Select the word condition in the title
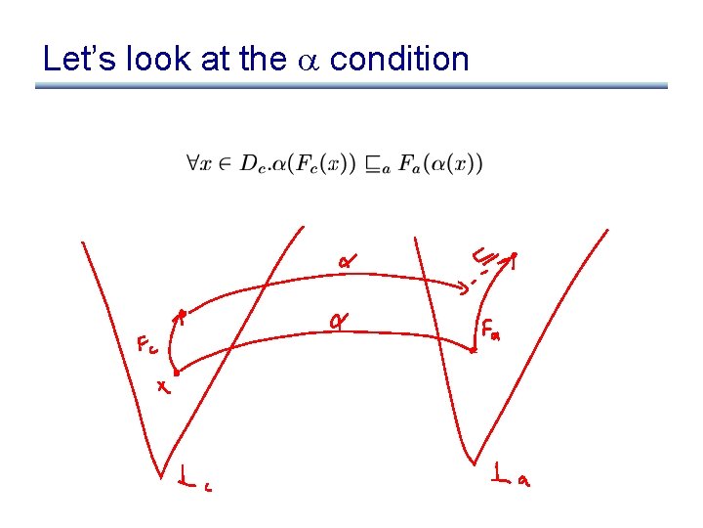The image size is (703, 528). coord(399,60)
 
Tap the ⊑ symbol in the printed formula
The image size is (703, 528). coord(376,165)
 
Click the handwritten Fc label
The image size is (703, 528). coord(146,345)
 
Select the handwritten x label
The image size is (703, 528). coord(164,388)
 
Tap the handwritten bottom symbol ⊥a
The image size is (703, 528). coord(512,476)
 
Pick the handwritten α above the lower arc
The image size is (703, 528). coord(340,320)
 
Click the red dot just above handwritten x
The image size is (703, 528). coord(176,372)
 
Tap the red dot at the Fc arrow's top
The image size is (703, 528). coord(182,314)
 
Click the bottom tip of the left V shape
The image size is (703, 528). coord(161,476)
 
